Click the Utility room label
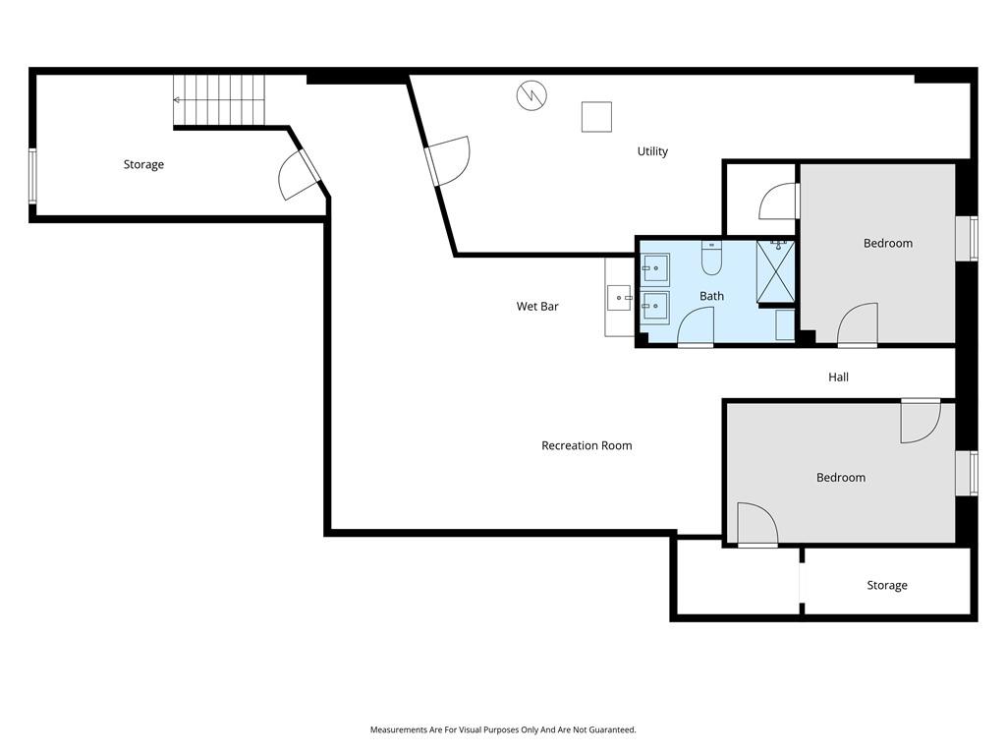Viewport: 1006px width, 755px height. click(x=652, y=151)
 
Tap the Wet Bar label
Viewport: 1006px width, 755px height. click(x=537, y=307)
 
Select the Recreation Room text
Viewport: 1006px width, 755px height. click(x=587, y=445)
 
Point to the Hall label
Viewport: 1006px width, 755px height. click(x=838, y=377)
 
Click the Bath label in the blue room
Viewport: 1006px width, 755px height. click(x=711, y=296)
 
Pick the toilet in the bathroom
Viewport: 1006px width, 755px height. click(x=711, y=259)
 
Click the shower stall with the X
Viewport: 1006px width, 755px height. click(x=776, y=271)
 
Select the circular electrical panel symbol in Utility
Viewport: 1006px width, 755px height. click(x=531, y=95)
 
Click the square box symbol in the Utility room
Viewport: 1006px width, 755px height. click(x=596, y=117)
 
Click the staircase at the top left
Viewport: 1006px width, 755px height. click(x=219, y=100)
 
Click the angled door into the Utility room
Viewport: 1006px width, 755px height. click(x=447, y=161)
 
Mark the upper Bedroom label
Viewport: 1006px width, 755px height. click(x=888, y=244)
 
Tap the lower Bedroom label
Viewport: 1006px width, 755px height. click(x=841, y=478)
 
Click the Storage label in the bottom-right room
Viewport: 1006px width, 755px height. click(x=887, y=586)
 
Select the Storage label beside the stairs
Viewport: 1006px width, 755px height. click(x=143, y=165)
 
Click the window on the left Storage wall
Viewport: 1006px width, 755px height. click(x=32, y=176)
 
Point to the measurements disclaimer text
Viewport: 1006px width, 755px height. click(x=503, y=729)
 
